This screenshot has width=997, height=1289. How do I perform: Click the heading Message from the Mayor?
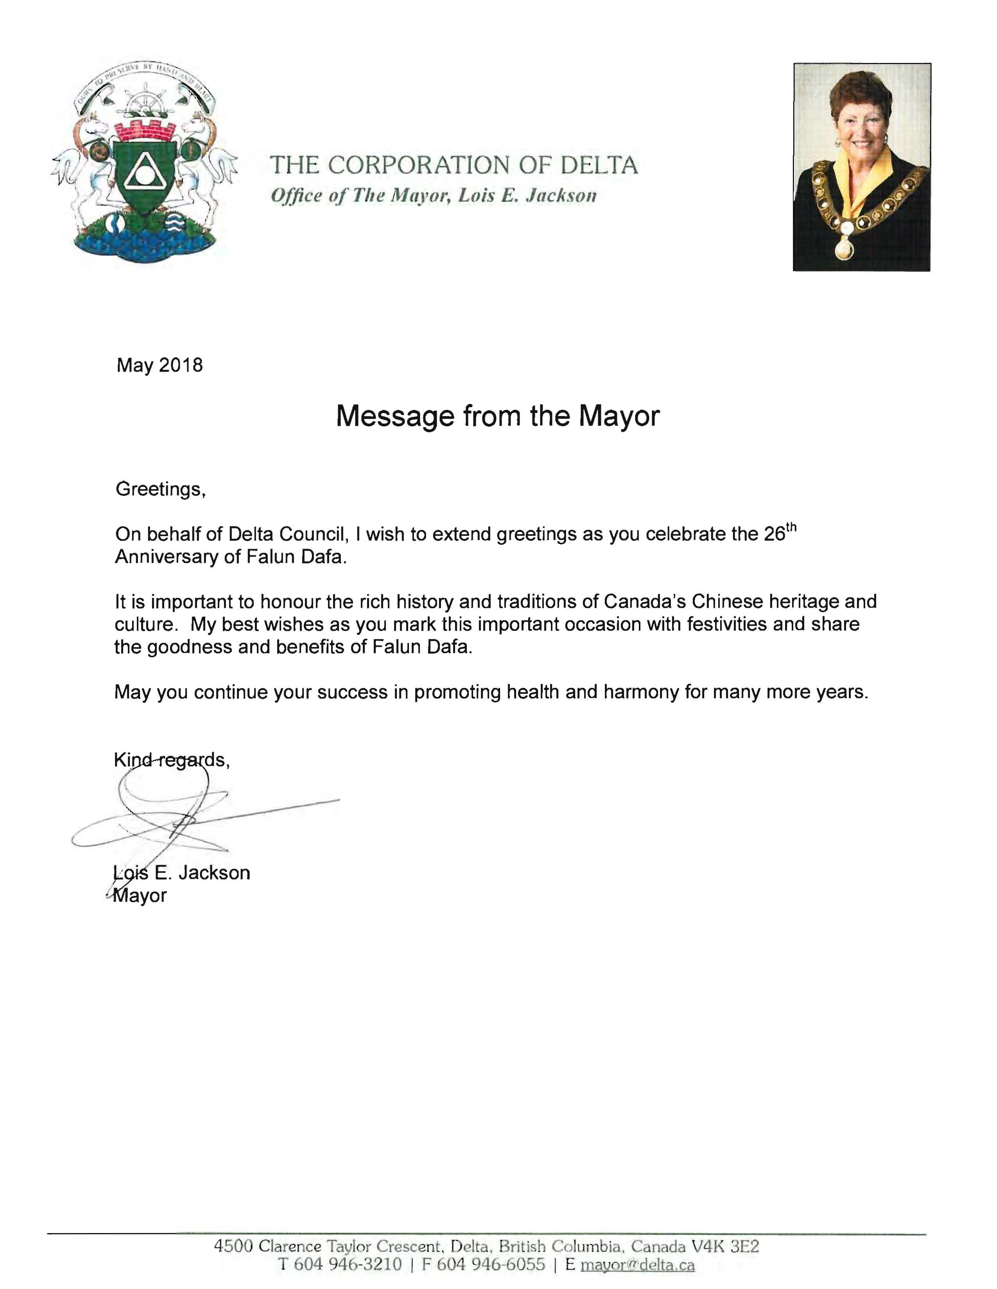coord(497,416)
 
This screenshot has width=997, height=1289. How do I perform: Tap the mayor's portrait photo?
coord(861,167)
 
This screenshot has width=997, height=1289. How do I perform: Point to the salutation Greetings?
coord(160,489)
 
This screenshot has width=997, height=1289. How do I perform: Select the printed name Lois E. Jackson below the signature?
coord(182,872)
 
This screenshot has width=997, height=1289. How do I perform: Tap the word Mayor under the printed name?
coord(140,895)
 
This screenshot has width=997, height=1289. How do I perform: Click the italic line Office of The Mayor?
coord(433,196)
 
